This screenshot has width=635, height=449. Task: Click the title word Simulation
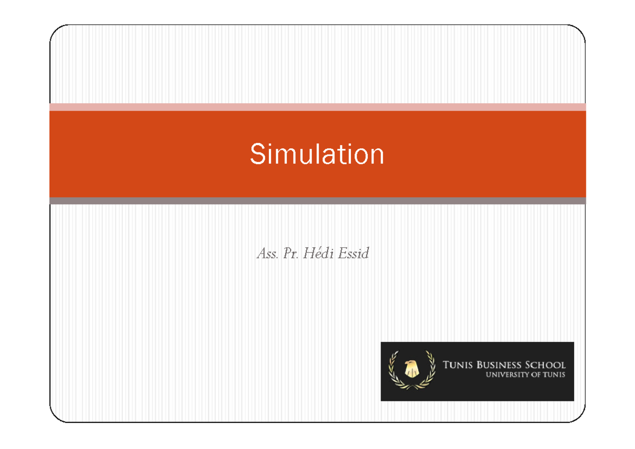coord(317,154)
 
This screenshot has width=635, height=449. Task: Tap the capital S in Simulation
coord(257,154)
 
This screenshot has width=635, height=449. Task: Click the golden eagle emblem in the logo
coord(411,369)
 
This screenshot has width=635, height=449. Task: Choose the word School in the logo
coord(546,365)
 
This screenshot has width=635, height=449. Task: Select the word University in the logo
coord(505,375)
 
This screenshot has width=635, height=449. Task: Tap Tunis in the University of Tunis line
coord(554,375)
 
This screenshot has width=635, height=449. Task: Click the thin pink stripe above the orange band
coord(317,107)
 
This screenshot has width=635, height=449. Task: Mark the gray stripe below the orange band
coord(317,201)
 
